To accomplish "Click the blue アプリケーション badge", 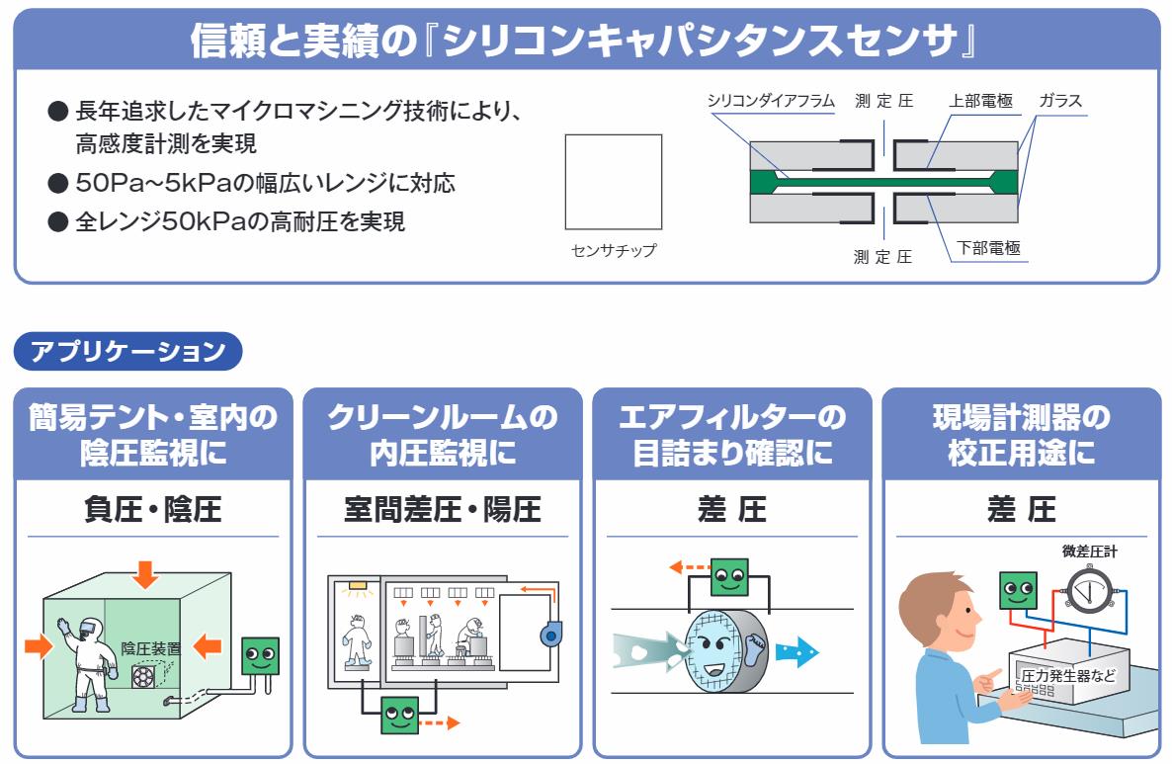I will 127,351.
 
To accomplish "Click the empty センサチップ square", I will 613,182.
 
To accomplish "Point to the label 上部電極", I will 980,101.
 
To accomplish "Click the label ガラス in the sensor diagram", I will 1060,101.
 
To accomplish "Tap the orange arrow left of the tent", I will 38,646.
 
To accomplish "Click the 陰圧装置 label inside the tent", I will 151,648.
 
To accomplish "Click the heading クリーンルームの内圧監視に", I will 442,434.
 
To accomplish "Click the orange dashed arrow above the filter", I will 688,567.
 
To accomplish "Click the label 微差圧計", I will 1090,552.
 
